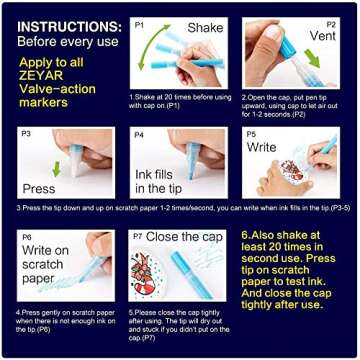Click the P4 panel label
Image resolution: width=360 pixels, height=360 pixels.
[140, 133]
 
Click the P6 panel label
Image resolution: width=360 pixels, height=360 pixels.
[27, 238]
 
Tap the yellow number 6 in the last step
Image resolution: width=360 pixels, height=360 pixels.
[245, 237]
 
